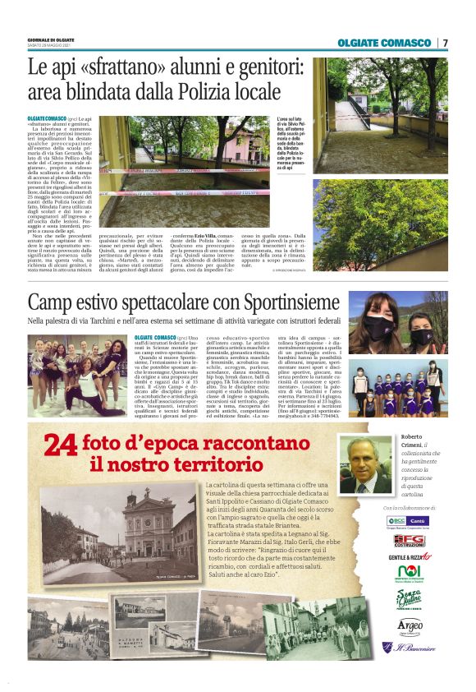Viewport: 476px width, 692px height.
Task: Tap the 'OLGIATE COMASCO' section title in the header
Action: click(383, 43)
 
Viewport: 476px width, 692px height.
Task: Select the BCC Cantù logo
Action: click(405, 520)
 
